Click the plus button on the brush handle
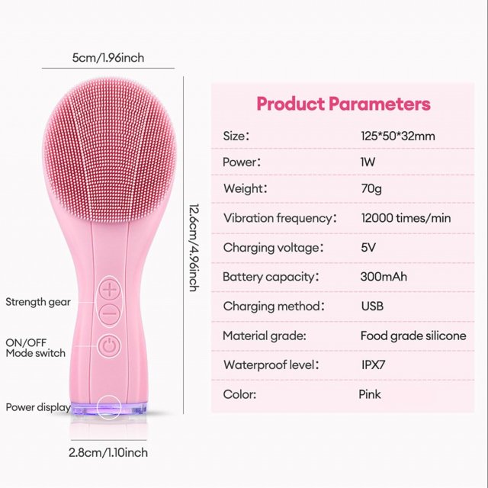pos(110,290)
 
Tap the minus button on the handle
pos(110,313)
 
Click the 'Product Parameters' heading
pos(344,104)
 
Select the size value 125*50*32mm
pos(398,136)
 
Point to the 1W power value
pos(368,162)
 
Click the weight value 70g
pos(371,188)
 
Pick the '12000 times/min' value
pos(406,218)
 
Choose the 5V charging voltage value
pos(368,247)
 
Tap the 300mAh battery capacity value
pos(384,277)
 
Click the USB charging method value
pos(372,307)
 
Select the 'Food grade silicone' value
pos(413,335)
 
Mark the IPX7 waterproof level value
pos(373,364)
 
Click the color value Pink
pos(370,394)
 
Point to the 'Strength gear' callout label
pos(38,302)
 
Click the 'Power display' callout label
pos(38,407)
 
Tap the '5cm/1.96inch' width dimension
pos(108,58)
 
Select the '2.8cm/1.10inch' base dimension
pos(108,452)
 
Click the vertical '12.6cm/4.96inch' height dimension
pos(194,248)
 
